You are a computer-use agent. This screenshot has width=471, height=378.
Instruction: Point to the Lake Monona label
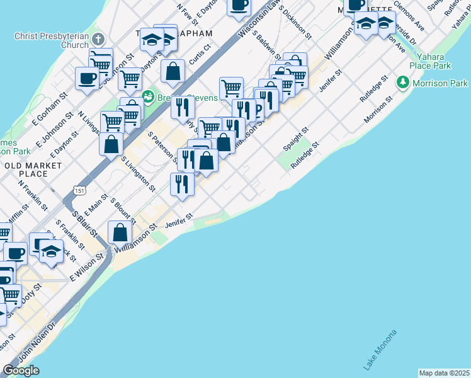[380, 350]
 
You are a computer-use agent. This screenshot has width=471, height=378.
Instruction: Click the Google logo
[21, 370]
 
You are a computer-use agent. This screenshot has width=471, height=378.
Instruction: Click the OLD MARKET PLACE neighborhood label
[33, 169]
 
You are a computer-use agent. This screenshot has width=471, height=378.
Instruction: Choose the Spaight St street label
[295, 139]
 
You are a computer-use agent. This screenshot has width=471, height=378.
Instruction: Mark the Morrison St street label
[378, 110]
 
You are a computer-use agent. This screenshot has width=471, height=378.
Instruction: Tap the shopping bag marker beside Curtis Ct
[173, 71]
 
